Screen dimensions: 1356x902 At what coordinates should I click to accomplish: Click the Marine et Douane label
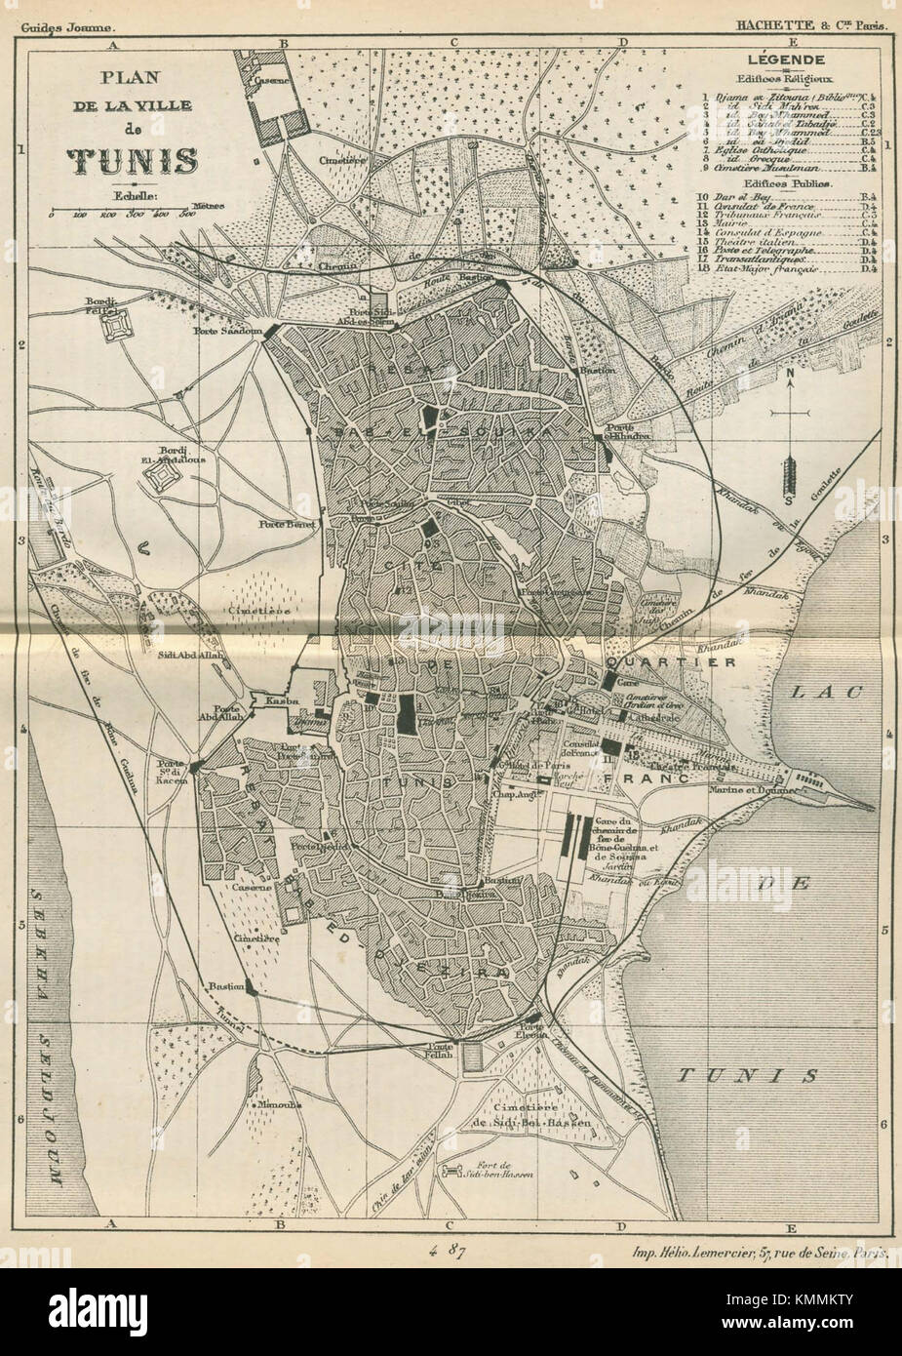746,789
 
